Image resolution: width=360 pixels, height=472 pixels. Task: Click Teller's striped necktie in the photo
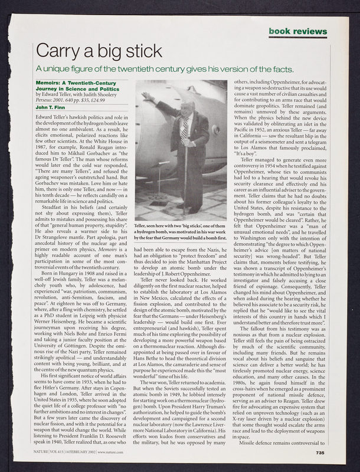186,126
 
